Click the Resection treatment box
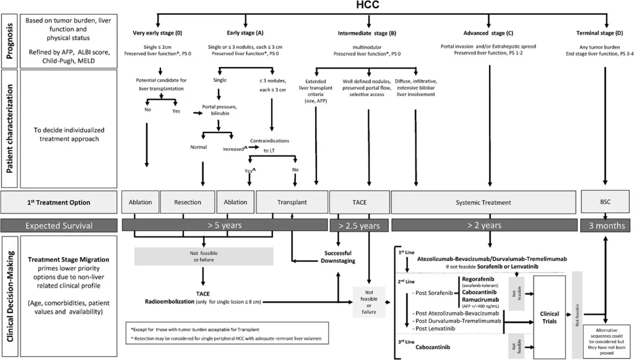tap(187, 202)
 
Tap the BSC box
tap(605, 202)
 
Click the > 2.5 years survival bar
tap(359, 226)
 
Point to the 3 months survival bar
tap(605, 226)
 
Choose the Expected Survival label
tap(59, 226)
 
